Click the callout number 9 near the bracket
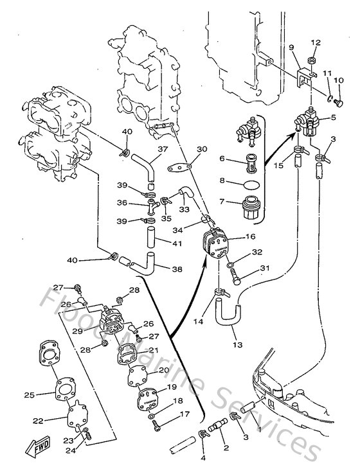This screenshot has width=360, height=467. pyautogui.click(x=291, y=48)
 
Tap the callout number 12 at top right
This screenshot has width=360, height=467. pyautogui.click(x=315, y=42)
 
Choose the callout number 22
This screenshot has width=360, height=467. pyautogui.click(x=38, y=421)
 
